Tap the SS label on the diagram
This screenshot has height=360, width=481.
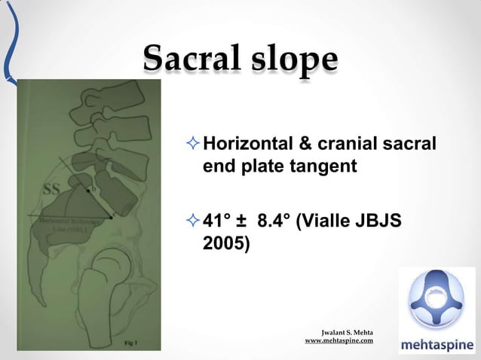tap(51, 189)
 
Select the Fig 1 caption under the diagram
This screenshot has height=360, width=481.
tap(130, 343)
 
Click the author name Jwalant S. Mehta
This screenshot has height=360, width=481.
tap(347, 332)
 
